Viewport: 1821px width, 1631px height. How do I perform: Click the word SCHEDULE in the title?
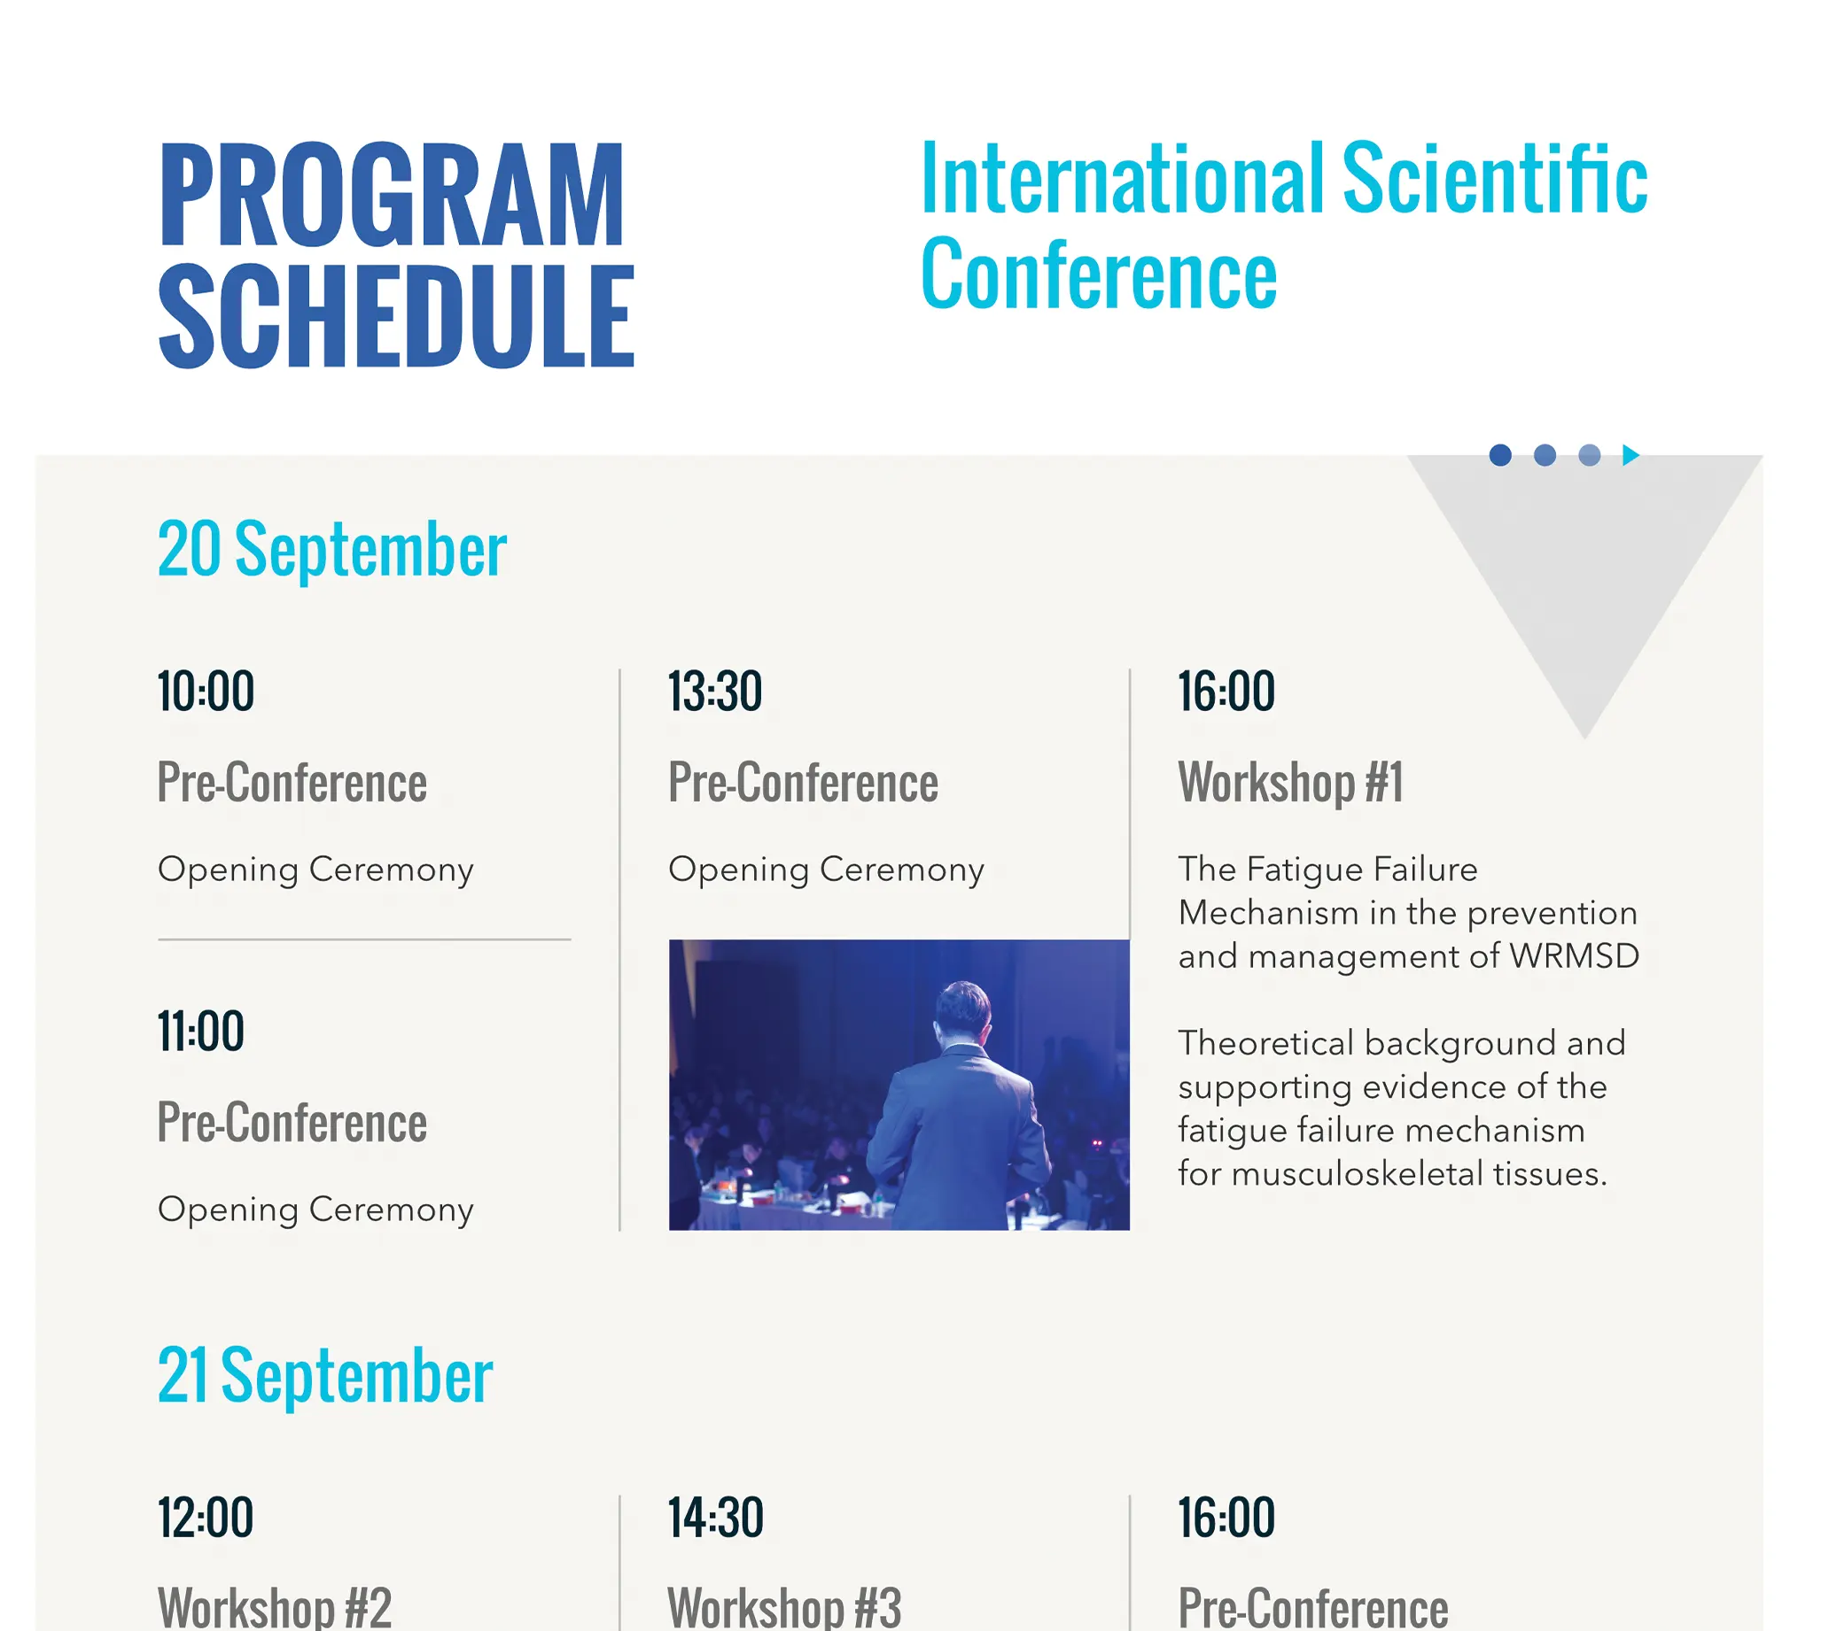(x=396, y=316)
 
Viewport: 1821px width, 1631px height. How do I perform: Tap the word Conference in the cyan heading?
(x=1098, y=274)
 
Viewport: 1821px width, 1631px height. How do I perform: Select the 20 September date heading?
(x=331, y=548)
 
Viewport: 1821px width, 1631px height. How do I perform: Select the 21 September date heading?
(x=324, y=1375)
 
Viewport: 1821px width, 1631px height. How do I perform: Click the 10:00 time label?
(x=206, y=691)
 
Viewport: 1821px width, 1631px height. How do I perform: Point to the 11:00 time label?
(x=201, y=1031)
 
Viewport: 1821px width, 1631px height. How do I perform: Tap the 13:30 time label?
(x=715, y=691)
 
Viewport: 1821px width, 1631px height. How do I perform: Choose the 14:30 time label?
(x=715, y=1517)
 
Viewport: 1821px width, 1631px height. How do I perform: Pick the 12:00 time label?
(x=206, y=1517)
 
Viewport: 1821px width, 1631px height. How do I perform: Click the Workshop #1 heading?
(x=1290, y=782)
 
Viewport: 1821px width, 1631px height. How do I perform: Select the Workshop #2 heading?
(x=275, y=1607)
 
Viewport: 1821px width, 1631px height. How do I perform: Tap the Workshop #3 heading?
(x=784, y=1607)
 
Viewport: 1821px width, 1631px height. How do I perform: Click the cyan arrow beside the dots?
(x=1630, y=455)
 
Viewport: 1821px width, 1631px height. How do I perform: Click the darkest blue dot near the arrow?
(x=1500, y=455)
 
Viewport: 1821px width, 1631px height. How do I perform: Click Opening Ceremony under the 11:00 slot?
(x=315, y=1209)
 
